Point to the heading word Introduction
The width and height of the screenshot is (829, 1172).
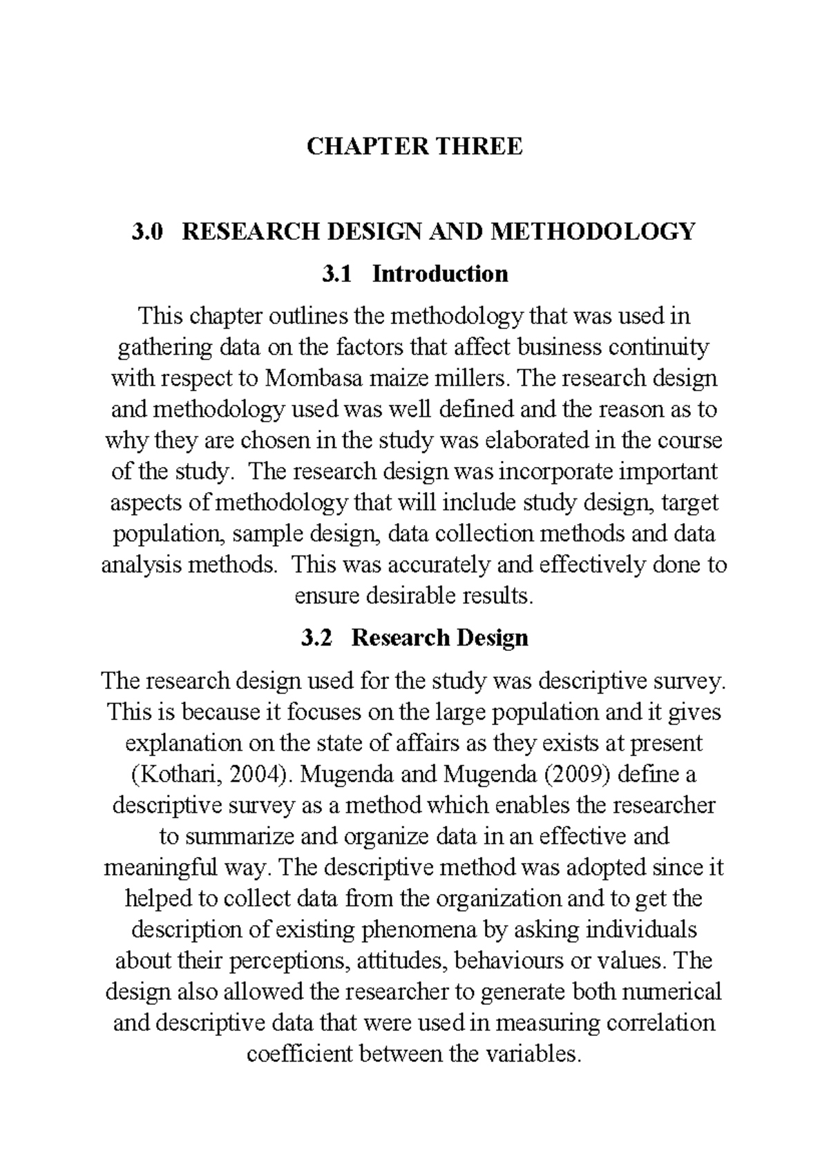pyautogui.click(x=440, y=274)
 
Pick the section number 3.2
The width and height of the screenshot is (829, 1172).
pyautogui.click(x=316, y=637)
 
